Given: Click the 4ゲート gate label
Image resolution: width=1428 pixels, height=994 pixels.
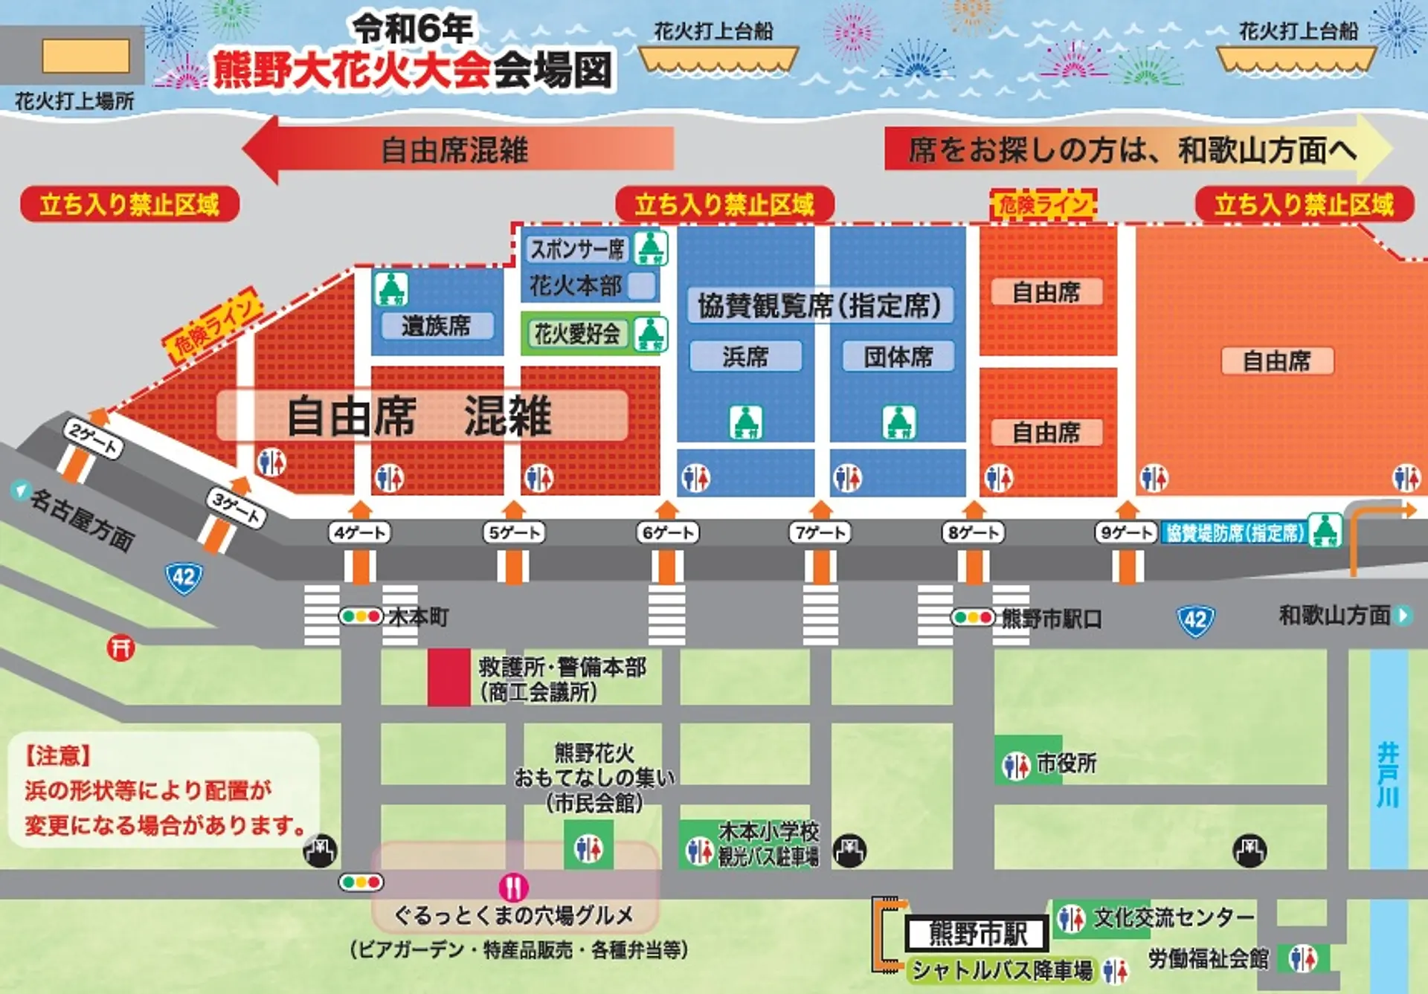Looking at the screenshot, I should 360,532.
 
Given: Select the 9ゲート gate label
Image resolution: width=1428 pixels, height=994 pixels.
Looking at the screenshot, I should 1126,532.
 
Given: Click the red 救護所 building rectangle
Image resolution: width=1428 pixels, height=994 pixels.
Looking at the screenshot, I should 448,677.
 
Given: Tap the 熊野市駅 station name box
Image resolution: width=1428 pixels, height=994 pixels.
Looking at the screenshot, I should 977,934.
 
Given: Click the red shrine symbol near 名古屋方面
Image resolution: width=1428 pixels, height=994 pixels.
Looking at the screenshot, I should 120,648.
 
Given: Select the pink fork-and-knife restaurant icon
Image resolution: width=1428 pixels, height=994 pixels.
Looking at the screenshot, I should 513,886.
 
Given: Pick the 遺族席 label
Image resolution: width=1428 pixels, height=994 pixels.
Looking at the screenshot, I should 437,326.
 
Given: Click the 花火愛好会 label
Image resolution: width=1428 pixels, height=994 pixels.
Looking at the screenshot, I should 577,334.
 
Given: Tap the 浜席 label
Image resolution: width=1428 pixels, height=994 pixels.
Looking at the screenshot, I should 745,357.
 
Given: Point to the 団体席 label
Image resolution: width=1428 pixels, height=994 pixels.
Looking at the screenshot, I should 898,357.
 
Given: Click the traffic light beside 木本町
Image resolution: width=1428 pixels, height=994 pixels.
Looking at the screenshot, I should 361,616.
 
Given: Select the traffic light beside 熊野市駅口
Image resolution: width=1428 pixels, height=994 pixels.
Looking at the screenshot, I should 973,617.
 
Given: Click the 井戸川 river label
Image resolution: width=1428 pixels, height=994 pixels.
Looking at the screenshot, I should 1388,774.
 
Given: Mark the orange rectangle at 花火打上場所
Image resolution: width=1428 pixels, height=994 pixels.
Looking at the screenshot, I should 86,56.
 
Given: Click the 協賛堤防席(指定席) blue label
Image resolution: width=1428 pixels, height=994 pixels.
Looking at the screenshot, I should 1235,532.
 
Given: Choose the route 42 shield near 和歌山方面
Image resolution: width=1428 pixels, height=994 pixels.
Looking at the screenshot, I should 1195,620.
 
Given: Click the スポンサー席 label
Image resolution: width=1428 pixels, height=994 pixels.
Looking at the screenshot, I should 577,249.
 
